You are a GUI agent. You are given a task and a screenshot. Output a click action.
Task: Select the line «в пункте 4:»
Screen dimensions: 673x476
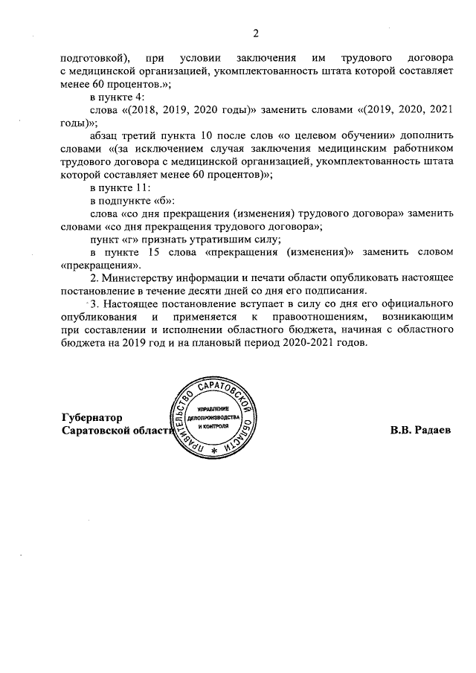[x=121, y=97]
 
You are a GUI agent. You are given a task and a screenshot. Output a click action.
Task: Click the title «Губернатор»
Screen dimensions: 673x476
[x=92, y=416]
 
